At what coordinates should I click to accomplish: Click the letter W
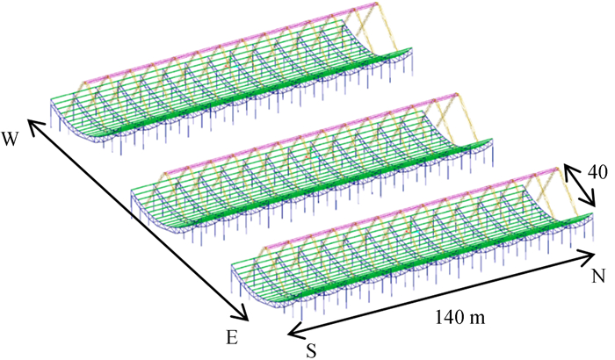[x=11, y=138]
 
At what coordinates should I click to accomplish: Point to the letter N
[x=597, y=277]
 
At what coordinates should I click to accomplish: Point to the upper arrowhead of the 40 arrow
[x=566, y=167]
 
